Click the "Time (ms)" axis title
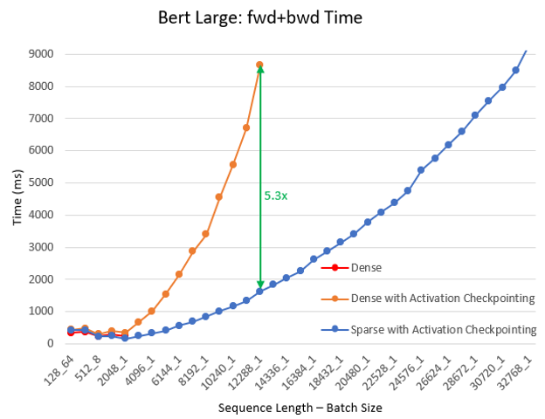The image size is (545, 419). [x=17, y=199]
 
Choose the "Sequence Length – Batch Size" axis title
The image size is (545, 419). [x=288, y=408]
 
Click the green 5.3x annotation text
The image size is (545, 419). [x=275, y=196]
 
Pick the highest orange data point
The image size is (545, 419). [x=259, y=65]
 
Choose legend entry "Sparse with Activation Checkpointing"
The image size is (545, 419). [x=443, y=329]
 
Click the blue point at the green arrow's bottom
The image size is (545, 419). [x=259, y=291]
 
